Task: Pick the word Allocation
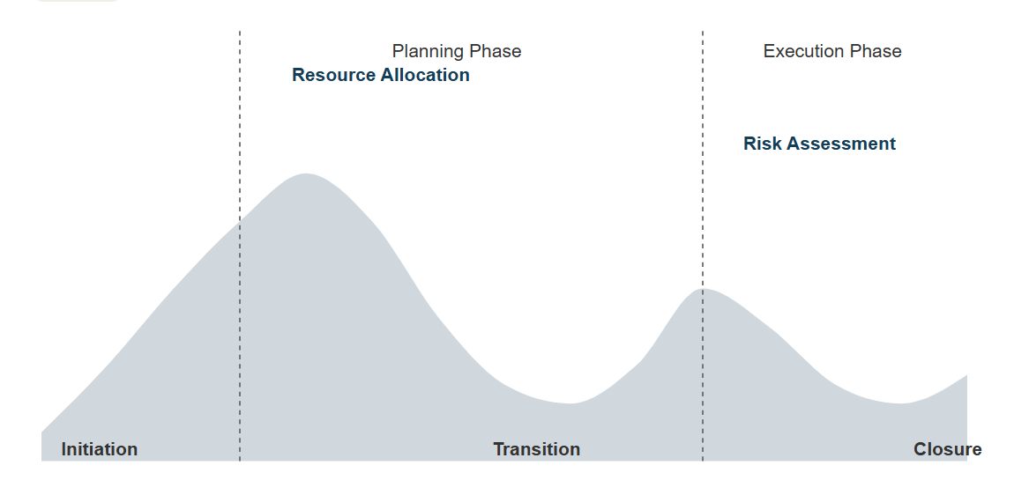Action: (x=425, y=75)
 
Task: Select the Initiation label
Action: (x=100, y=449)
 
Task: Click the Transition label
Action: (x=537, y=449)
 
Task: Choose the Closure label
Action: (x=947, y=449)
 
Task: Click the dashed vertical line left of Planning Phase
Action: (x=240, y=246)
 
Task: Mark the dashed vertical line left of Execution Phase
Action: (x=703, y=246)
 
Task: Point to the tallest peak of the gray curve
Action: (x=305, y=174)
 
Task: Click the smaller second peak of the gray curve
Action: (x=705, y=289)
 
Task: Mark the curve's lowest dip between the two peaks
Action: (x=570, y=403)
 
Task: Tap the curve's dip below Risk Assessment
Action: (x=901, y=403)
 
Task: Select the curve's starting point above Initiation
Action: (x=42, y=432)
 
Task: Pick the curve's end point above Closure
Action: (x=966, y=375)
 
